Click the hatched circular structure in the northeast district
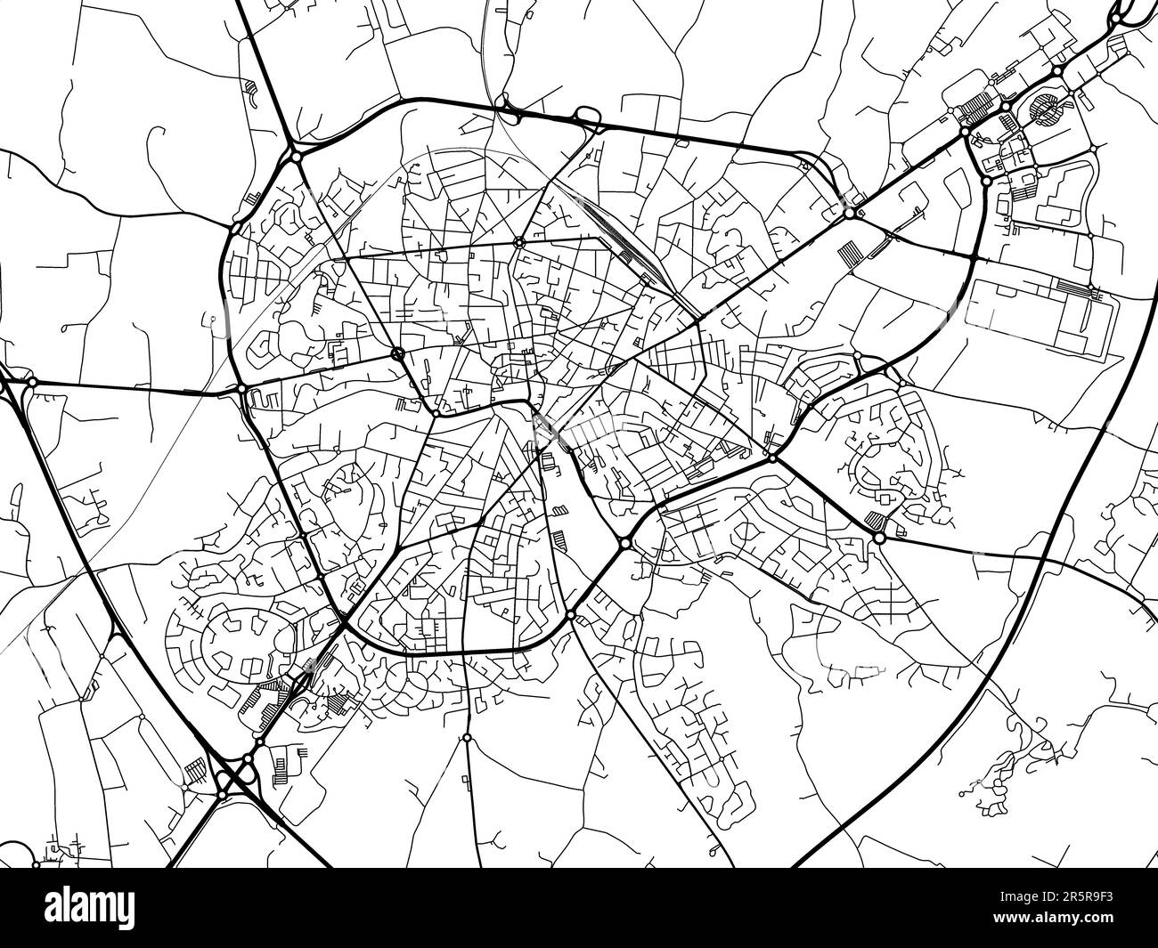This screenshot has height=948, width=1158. coord(1045,109)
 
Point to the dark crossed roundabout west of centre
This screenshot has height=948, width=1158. coord(397,354)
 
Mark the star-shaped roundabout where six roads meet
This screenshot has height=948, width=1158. coord(518,241)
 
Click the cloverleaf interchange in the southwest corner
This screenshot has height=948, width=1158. coord(233,774)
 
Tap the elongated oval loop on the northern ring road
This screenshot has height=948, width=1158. coord(588,116)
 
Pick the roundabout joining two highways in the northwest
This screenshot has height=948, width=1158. coord(295,157)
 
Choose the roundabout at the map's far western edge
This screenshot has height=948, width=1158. coord(31,383)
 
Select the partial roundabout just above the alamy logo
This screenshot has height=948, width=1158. coord(37,862)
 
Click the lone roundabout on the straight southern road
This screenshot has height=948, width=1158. coord(466,738)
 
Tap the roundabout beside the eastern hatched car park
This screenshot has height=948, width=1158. coord(879,538)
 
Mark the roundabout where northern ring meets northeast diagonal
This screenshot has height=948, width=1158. coord(850,213)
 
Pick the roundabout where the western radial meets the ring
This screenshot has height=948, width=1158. coord(241,389)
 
